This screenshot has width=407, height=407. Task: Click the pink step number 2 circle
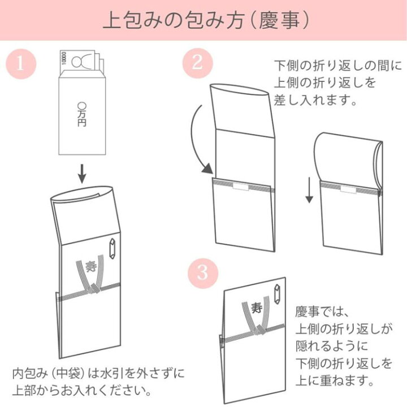pyautogui.click(x=197, y=62)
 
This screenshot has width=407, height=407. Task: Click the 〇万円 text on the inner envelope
pyautogui.click(x=82, y=113)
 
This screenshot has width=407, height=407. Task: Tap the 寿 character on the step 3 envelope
pyautogui.click(x=257, y=309)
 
